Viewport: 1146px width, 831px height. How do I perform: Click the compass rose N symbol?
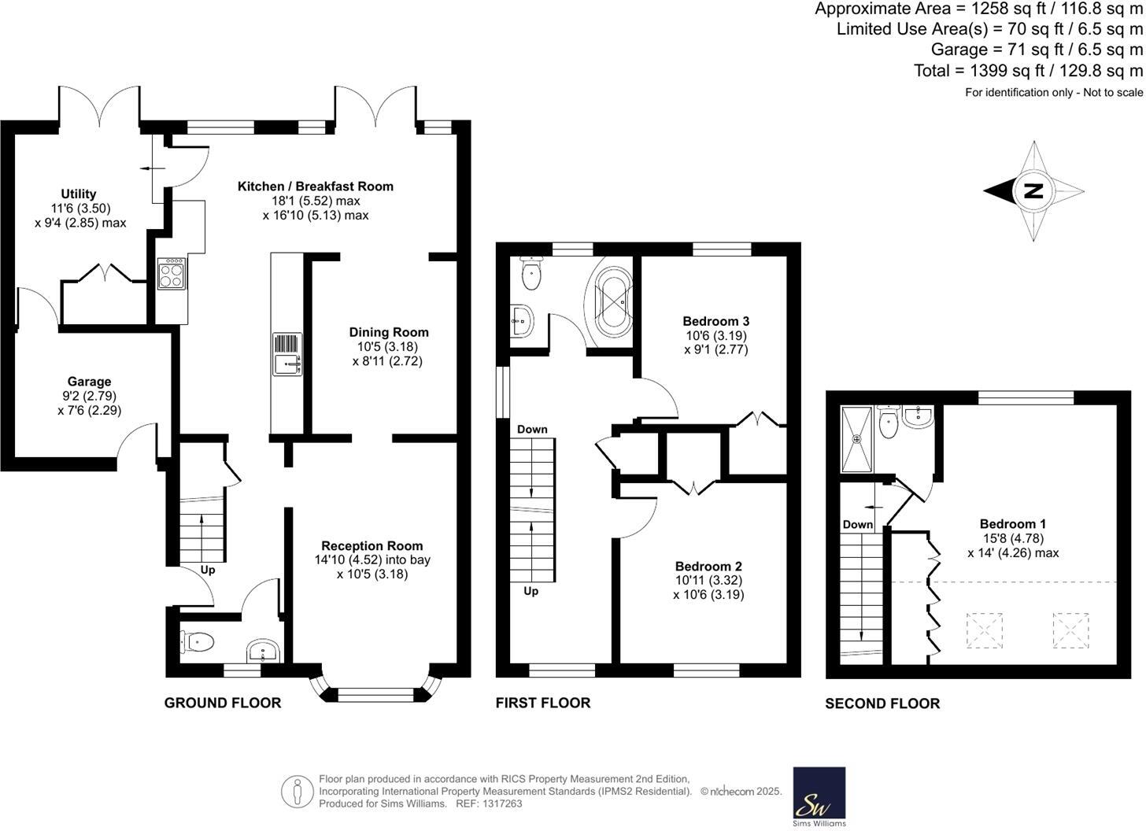point(1033,190)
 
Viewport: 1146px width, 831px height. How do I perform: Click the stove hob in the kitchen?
point(171,274)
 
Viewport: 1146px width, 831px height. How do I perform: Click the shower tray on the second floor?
point(857,438)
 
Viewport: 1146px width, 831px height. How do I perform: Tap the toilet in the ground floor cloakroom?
point(197,643)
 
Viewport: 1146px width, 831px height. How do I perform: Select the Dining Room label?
point(389,332)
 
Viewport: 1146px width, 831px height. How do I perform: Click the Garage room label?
point(89,382)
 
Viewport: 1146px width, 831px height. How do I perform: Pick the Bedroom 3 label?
point(715,321)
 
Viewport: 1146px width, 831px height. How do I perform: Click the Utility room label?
point(79,194)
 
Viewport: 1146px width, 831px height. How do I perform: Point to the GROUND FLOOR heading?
point(223,703)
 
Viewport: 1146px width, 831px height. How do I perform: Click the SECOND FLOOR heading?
point(882,704)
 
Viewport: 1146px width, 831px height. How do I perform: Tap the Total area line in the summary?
point(1028,71)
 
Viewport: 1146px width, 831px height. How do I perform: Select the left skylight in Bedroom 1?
point(984,630)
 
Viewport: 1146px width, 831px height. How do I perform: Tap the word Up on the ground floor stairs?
point(208,571)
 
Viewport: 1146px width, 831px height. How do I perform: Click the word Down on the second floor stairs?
point(857,525)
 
